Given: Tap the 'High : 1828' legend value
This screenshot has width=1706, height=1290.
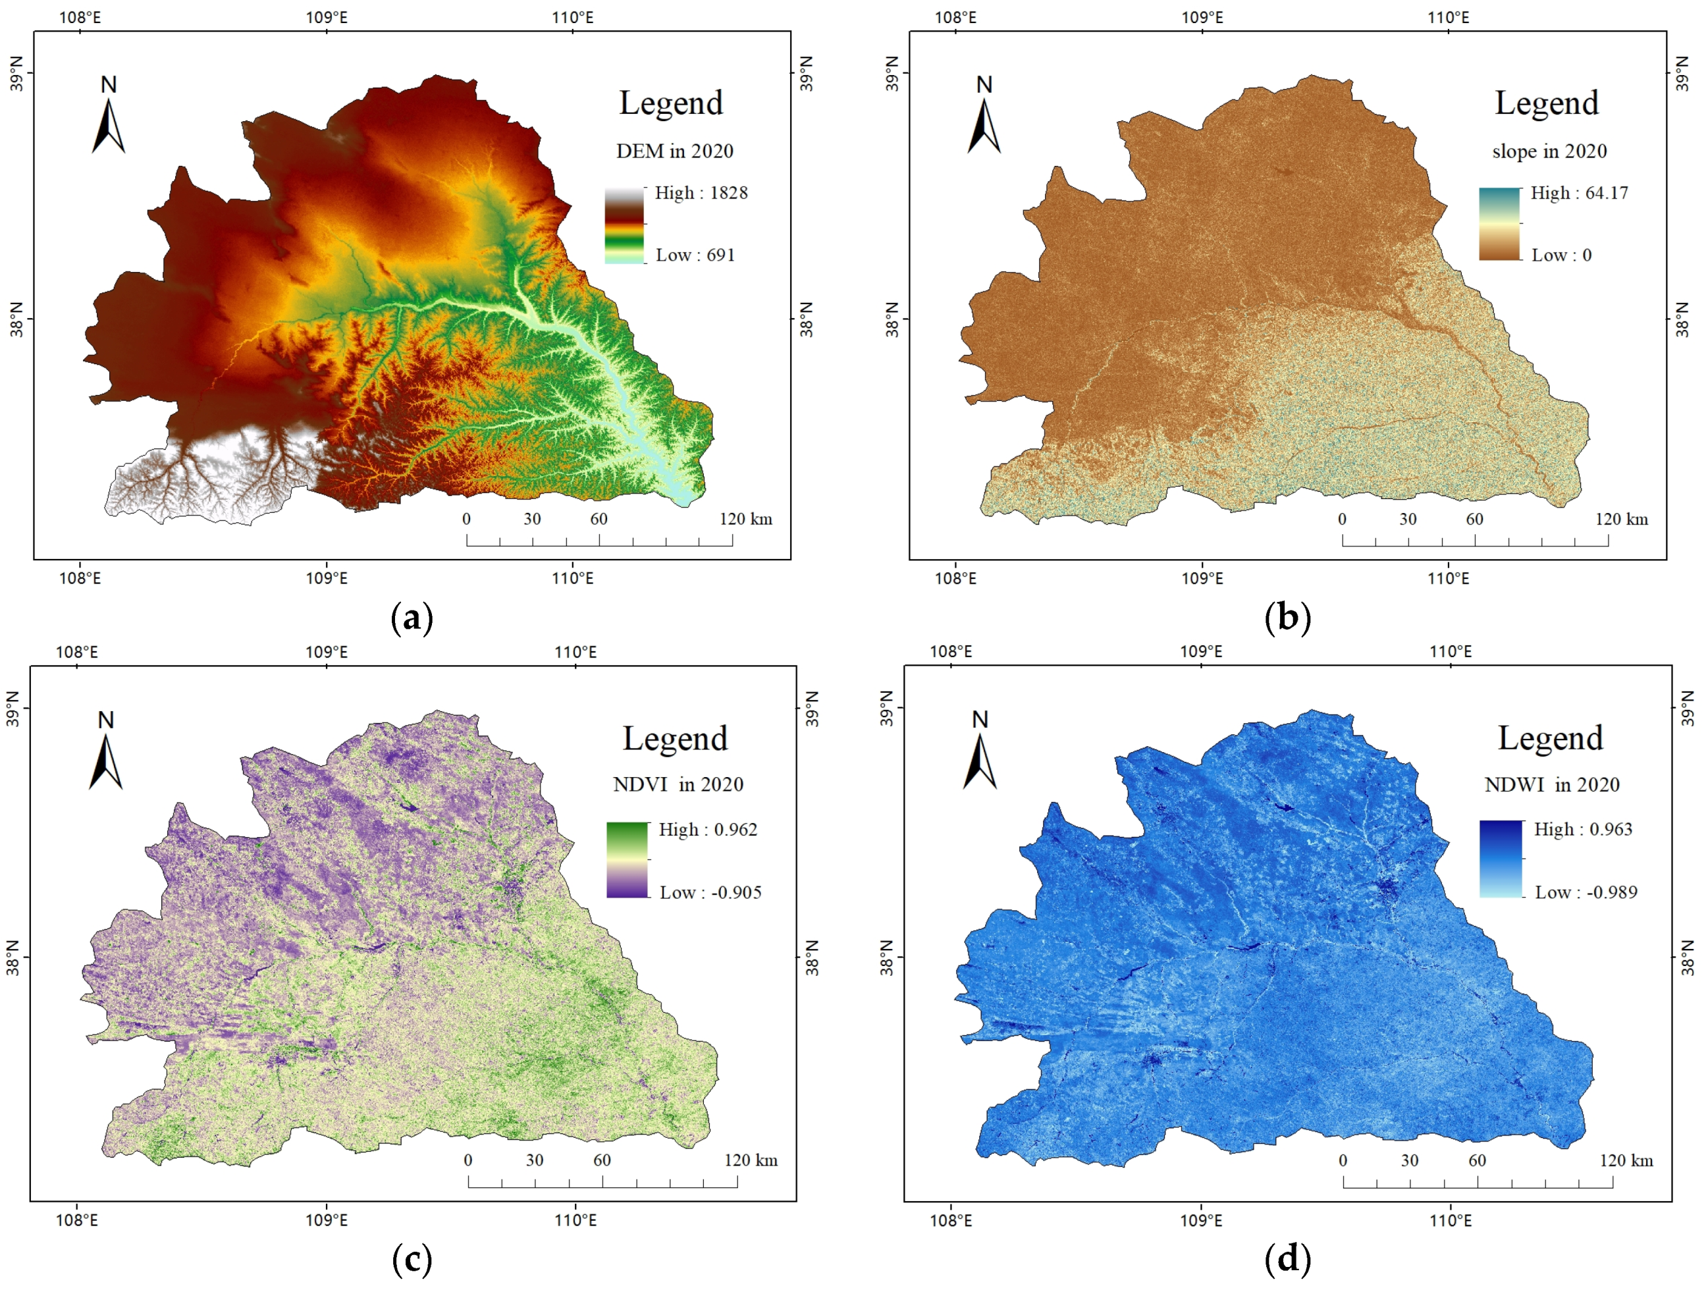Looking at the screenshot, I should point(701,193).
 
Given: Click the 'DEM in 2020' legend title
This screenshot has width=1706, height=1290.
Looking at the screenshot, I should point(674,151).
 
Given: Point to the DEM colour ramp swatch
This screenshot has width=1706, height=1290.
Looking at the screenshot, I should point(624,225).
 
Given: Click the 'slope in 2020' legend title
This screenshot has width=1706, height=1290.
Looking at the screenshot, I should point(1549,151).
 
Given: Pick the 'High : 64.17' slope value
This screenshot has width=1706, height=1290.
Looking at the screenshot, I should point(1579,193).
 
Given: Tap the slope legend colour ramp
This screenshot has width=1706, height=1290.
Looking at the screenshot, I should point(1499,224).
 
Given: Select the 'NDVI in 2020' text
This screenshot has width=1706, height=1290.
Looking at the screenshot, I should point(678,785).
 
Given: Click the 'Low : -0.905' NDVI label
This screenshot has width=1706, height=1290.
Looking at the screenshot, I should point(710,893).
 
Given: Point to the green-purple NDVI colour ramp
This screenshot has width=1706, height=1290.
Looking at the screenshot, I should point(627,859).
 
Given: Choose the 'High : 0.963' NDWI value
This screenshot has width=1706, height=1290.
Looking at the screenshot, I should point(1583,830).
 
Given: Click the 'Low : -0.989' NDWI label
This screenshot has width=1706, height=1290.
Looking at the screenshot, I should point(1586,893).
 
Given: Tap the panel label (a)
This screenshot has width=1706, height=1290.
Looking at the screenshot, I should point(412,618).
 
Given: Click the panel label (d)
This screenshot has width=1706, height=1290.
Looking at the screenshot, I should point(1287,1258).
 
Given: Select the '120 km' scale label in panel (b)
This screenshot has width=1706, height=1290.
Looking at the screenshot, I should point(1621,520).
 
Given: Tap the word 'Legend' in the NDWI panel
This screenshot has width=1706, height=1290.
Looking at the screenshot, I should point(1550,738).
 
